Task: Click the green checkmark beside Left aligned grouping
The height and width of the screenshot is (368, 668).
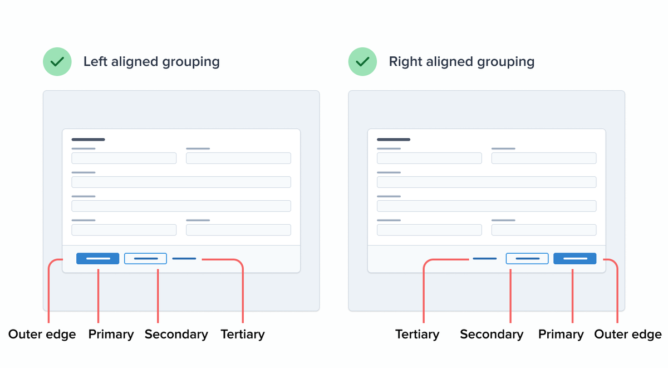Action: pos(57,61)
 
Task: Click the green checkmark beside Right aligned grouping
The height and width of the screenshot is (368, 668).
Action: pos(362,61)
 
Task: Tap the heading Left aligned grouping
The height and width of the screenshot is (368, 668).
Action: pos(151,61)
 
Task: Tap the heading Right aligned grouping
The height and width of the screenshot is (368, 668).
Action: pos(461,61)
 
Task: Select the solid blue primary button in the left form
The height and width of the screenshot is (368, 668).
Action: pos(97,259)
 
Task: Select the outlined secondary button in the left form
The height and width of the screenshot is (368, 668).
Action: pos(145,259)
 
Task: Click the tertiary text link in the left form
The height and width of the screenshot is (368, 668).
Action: pos(184,259)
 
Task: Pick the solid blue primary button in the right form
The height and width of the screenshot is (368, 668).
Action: pos(575,259)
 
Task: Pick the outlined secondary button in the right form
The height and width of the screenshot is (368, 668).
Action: pos(527,259)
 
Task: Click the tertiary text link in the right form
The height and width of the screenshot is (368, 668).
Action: pos(484,259)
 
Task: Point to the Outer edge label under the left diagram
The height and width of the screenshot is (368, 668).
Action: pos(42,335)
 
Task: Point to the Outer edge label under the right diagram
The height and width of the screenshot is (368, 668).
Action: pos(628,335)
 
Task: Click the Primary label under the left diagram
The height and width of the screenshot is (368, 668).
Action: pos(111,335)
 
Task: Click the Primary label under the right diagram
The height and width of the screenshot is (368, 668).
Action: pos(561,335)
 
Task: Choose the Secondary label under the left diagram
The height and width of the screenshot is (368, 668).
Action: pos(176,335)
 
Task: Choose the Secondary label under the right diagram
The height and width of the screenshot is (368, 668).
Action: pos(492,335)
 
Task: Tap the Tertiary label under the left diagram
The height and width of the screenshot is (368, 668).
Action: pos(243,335)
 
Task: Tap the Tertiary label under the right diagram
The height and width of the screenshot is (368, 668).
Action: pos(417,335)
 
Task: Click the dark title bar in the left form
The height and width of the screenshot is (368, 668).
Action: pos(88,139)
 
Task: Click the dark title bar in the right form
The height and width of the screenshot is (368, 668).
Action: pos(394,139)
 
